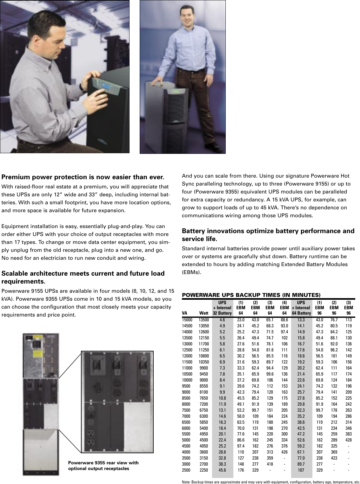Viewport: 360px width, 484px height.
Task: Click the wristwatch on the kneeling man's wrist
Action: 82,86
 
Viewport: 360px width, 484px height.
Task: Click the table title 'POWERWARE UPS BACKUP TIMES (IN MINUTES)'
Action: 251,295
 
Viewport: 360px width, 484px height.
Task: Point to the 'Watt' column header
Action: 203,313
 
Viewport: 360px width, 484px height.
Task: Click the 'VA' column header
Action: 184,313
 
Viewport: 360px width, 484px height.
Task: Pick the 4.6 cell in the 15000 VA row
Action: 222,320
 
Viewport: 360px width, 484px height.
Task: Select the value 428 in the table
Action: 349,440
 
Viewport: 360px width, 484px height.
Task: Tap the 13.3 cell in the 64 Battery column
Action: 301,320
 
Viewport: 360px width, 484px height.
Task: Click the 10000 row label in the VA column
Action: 187,380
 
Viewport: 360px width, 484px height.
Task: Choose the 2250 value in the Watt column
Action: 203,470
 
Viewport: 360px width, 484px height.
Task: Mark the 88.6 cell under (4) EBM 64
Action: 284,320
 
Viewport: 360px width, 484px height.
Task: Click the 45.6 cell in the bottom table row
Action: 222,470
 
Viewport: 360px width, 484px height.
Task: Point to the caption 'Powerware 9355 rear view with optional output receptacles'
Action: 103,466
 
